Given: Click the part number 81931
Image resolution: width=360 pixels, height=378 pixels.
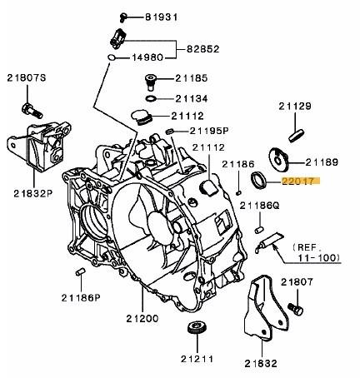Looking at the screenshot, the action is click(162, 17).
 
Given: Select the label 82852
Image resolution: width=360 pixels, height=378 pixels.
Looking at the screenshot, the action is click(203, 49).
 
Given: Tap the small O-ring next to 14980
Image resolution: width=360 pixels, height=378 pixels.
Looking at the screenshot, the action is click(111, 57).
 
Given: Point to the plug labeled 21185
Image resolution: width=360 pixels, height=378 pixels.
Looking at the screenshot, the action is click(151, 82).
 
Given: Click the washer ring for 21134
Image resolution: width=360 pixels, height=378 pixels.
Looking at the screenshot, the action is click(151, 98).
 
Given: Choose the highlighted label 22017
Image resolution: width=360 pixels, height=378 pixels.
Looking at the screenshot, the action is click(297, 182).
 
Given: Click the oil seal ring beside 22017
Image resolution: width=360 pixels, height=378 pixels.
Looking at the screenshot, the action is click(258, 180).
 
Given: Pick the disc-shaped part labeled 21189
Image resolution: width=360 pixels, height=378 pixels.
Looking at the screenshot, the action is click(278, 159).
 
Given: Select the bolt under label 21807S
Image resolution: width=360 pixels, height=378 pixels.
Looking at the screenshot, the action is click(32, 110).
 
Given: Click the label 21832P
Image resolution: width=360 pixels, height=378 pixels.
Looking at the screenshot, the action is click(33, 193).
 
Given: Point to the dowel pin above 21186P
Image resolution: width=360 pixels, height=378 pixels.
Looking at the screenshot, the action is click(80, 271).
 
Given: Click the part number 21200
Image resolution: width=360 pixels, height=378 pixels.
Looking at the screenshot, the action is click(142, 318).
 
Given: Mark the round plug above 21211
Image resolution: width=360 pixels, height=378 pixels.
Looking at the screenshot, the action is click(197, 328).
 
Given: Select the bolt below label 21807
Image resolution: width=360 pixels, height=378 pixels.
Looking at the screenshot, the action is click(295, 309).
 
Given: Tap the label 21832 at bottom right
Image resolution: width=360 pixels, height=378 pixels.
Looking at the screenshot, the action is click(261, 363).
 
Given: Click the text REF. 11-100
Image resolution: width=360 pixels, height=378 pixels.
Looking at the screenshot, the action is click(316, 252).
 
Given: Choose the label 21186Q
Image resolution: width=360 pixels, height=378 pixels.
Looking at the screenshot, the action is click(259, 206).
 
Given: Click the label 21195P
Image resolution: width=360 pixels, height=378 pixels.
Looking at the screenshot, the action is click(209, 131).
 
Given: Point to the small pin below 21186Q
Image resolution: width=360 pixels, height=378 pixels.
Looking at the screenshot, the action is click(259, 230).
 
